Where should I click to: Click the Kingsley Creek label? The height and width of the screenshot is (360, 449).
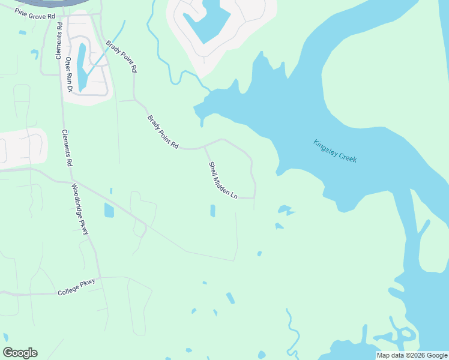[335, 151]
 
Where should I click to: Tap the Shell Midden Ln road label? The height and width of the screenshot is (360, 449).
[223, 181]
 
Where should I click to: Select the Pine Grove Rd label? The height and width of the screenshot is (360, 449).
[35, 13]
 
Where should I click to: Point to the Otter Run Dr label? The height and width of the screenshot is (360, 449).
[69, 74]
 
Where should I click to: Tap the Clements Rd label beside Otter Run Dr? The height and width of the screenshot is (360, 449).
[59, 41]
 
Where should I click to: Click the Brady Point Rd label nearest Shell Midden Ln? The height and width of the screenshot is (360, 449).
[163, 133]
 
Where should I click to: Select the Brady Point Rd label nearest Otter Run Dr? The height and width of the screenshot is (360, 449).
[122, 57]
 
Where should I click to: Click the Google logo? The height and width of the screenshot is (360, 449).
[20, 353]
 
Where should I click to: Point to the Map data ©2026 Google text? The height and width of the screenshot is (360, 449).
[412, 355]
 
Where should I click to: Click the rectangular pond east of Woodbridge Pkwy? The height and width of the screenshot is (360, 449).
[109, 210]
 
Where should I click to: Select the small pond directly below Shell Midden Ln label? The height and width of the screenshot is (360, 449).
[212, 211]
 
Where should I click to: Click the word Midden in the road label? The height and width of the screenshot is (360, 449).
[223, 181]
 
